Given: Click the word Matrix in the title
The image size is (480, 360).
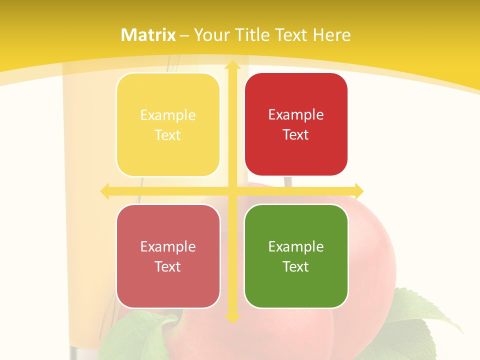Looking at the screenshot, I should coord(148,35).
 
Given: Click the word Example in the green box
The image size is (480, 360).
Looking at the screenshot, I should coord(296,246).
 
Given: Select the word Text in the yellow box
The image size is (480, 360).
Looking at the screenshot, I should coord(168,135).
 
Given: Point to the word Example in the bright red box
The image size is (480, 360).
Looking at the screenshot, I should coord(296,114).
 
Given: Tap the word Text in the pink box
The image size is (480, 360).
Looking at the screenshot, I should coord(168,266).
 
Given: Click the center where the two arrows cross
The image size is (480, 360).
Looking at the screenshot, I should coord(232,190).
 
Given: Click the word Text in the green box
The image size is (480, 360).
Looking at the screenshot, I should coord(296,266).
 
